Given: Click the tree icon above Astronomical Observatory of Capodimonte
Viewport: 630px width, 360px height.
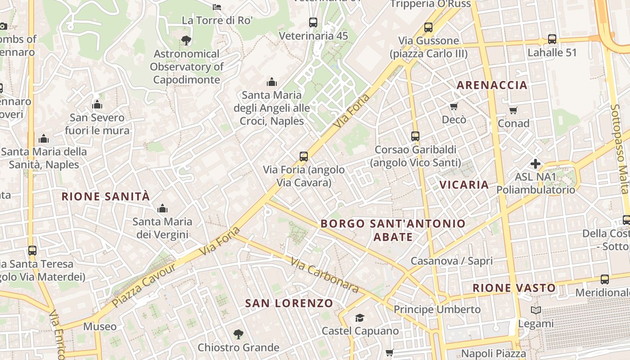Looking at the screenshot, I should tap(186, 40).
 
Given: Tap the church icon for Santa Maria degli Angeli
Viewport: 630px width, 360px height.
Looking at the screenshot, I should tap(271, 82).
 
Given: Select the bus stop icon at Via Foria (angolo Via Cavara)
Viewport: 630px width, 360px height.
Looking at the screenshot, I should tap(304, 157).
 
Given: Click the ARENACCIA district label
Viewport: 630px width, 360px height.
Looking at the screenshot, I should tap(492, 85).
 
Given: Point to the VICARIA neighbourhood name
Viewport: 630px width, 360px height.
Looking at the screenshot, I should tap(464, 184).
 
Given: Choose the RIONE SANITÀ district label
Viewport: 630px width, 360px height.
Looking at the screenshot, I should tap(105, 197).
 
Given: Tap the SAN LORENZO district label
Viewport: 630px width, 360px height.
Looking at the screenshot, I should tap(289, 303).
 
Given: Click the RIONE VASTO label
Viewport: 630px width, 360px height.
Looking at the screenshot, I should tap(514, 288).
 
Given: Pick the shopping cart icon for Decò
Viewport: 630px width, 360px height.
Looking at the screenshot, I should tap(454, 107).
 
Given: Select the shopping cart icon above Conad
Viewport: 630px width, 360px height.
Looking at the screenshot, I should tap(513, 110).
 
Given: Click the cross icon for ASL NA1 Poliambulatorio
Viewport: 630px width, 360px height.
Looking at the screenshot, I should tap(535, 163).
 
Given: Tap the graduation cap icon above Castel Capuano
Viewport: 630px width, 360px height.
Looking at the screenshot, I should tap(360, 318).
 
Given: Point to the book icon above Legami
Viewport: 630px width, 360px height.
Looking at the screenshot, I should tap(535, 310).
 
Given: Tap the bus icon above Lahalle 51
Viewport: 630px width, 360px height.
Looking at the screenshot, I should tap(552, 39).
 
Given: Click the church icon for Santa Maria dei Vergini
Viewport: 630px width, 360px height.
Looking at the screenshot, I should tap(162, 208).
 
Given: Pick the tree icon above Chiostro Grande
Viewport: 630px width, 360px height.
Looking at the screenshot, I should tap(238, 334).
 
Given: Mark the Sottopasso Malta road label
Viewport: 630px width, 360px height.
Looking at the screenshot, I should tap(619, 148).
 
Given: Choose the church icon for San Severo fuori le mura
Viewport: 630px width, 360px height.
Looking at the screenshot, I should tap(97, 105).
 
